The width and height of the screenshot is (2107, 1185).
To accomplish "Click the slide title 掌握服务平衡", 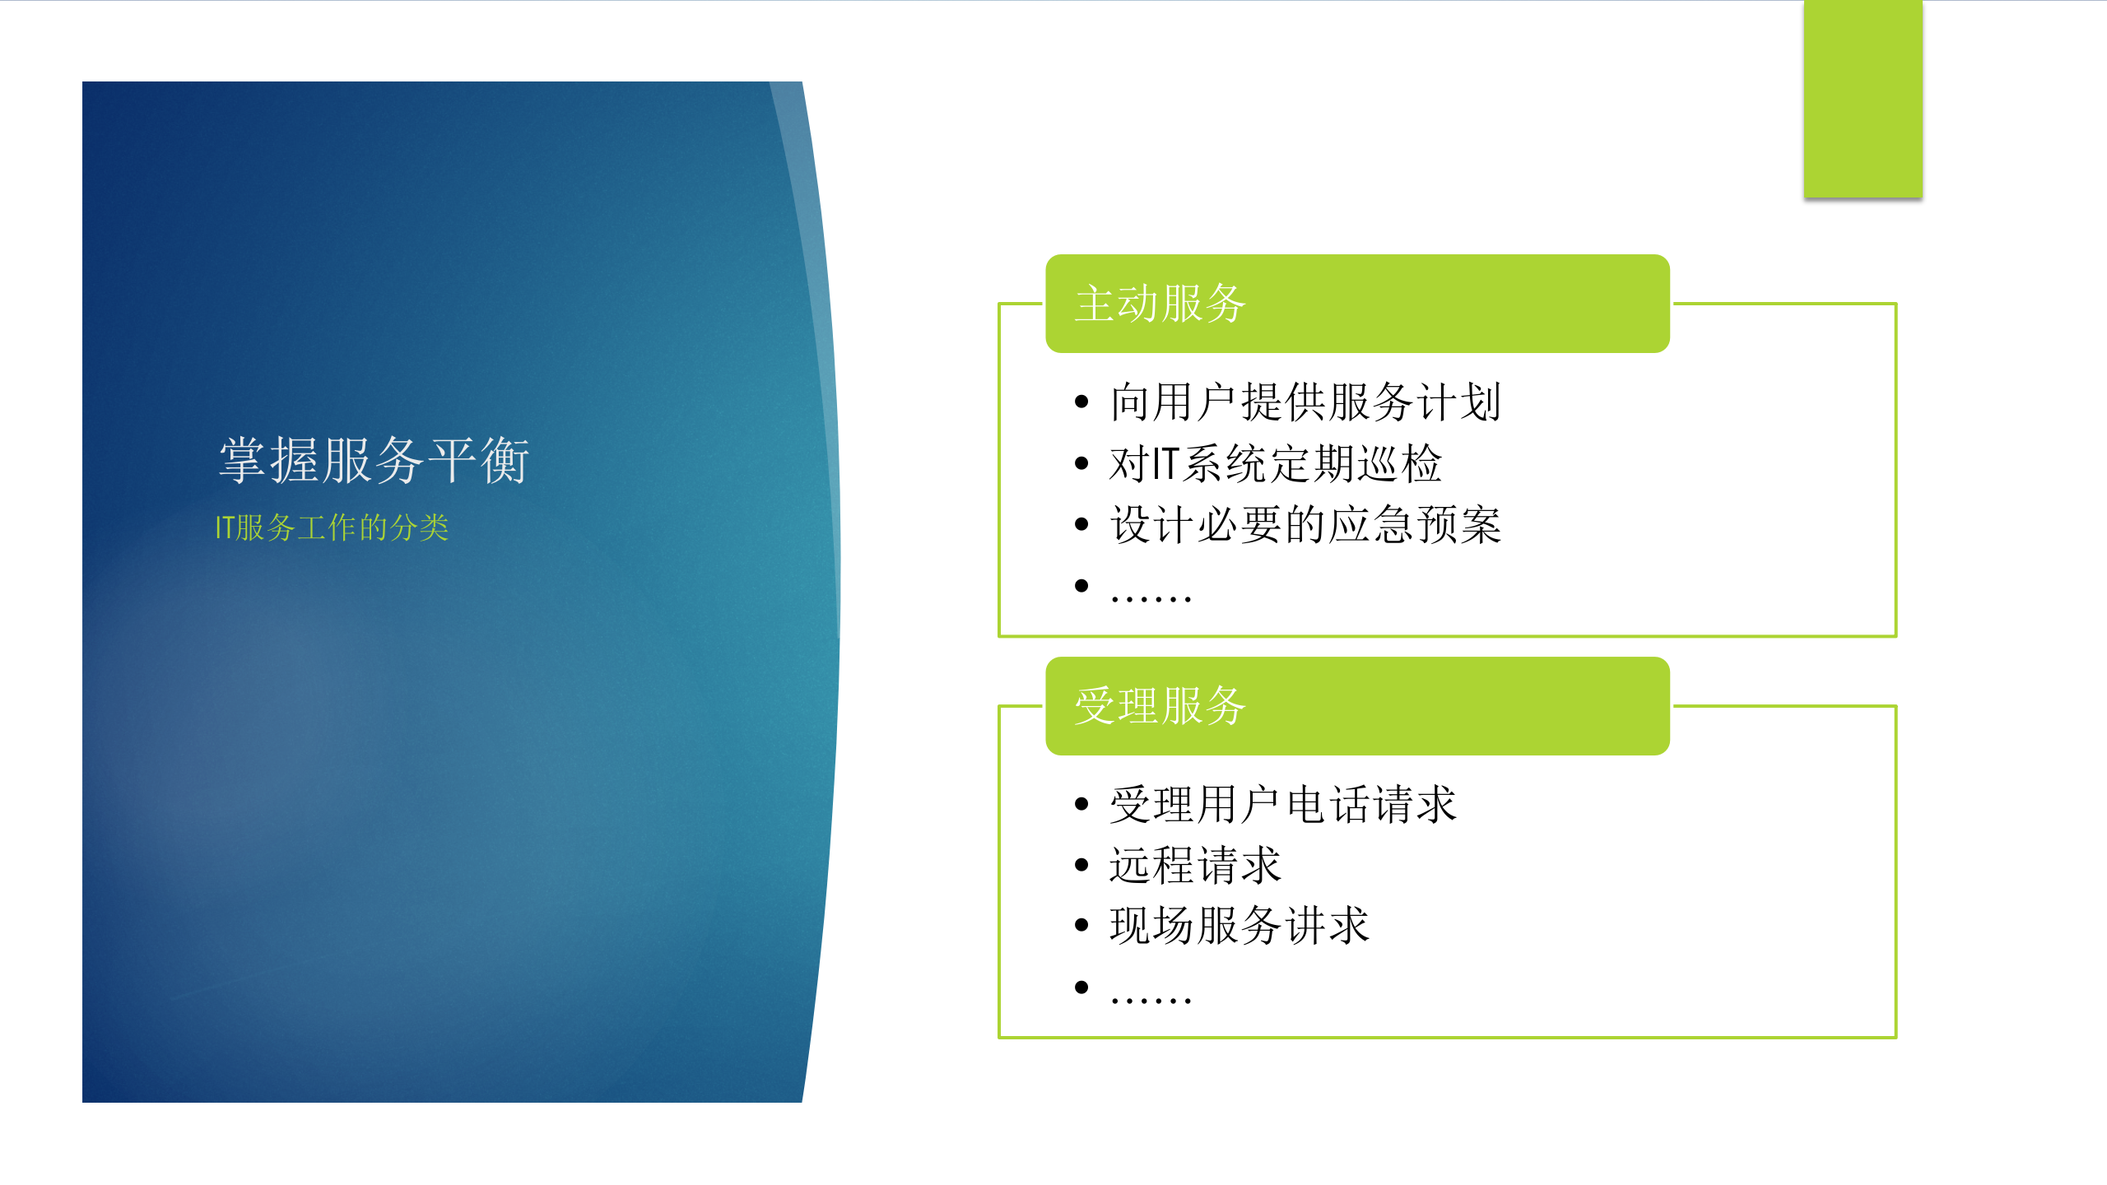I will (374, 460).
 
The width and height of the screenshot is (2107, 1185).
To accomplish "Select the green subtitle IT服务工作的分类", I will (332, 527).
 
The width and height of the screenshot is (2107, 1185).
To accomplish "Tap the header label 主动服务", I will (1160, 304).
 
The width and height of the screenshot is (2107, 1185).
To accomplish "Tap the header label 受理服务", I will (1160, 706).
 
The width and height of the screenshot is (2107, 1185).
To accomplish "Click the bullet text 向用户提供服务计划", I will (1305, 402).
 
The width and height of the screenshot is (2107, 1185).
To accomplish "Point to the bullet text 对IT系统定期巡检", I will (1275, 463).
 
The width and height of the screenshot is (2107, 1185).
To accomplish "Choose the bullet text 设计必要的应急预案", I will (1305, 525).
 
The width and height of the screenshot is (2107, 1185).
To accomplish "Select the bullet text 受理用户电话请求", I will (1282, 805).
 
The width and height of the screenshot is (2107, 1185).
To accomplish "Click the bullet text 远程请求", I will (1195, 866).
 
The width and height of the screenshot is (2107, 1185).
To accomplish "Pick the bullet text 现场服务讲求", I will (1239, 926).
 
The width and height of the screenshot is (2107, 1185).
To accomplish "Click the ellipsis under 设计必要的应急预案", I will (1151, 597).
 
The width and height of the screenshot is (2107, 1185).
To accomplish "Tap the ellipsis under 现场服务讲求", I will (1151, 999).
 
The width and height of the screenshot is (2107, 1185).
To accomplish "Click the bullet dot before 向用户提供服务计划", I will (1081, 402).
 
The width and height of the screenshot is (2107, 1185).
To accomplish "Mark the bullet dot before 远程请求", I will (1081, 866).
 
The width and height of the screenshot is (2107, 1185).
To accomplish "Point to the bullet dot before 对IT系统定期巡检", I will (1081, 463).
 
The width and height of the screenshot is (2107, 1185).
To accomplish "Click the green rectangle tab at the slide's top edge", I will (1863, 99).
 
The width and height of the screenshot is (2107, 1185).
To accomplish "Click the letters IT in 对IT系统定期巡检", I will (1166, 463).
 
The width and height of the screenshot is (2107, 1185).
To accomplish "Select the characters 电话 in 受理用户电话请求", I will (1328, 805).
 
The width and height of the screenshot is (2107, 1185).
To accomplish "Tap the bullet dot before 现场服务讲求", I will (1081, 926).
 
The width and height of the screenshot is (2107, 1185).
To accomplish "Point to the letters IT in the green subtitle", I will (225, 527).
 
